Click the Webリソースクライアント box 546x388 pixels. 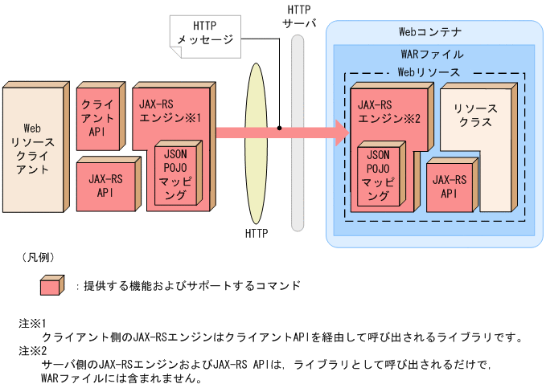(31, 149)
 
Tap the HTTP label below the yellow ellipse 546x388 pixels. (257, 234)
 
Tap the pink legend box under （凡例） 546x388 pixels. (51, 285)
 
